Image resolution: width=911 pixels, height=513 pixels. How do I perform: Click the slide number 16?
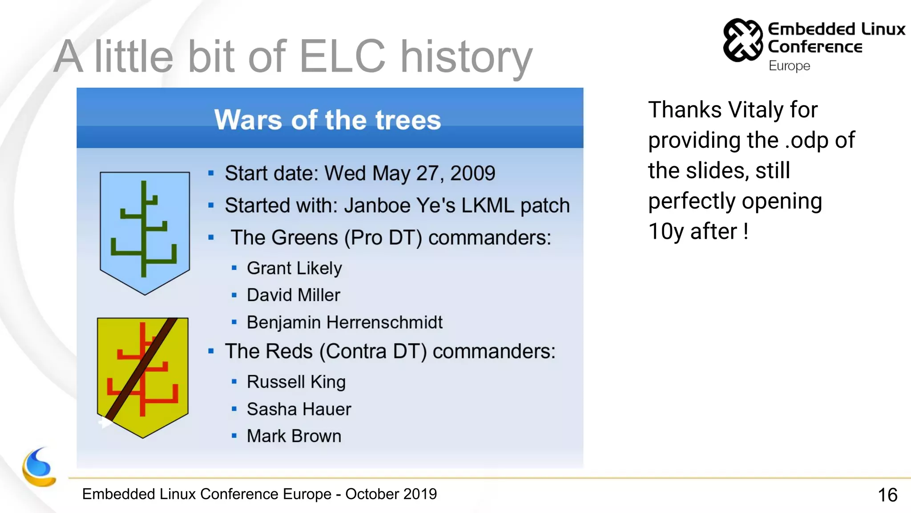point(887,495)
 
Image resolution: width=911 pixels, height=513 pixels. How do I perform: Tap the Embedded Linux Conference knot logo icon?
point(743,40)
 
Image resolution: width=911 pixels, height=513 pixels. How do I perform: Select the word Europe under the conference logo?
point(789,66)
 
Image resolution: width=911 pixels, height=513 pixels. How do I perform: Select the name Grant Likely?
point(294,268)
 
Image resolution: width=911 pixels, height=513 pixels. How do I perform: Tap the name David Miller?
point(293,295)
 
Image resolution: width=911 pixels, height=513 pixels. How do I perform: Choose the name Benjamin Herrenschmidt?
point(344,322)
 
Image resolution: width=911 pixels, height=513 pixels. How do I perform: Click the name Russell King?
point(296,382)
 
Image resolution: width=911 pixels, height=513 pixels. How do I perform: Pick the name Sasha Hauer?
point(298,409)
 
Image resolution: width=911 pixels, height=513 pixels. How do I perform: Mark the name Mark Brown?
point(294,436)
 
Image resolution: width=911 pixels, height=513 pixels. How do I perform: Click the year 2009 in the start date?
point(472,173)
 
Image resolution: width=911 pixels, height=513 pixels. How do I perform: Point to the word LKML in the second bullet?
point(487,206)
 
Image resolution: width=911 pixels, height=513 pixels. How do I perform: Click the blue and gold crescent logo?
point(39,468)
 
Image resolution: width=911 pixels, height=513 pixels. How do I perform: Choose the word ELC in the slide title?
point(342,57)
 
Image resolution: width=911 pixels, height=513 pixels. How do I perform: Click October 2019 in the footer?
point(391,494)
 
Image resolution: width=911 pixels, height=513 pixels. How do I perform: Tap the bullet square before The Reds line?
point(211,351)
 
